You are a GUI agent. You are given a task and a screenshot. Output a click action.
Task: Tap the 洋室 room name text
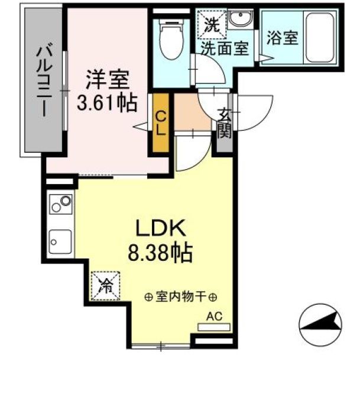tap(106, 79)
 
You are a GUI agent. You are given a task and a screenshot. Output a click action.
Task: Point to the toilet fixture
tap(171, 40)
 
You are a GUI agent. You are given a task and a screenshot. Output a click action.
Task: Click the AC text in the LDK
tap(213, 317)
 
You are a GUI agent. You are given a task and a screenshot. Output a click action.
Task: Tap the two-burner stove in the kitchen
tap(60, 205)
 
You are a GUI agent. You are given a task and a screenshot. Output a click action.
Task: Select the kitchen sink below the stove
tap(60, 241)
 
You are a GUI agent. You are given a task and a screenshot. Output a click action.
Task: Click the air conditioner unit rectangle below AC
tap(213, 326)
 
